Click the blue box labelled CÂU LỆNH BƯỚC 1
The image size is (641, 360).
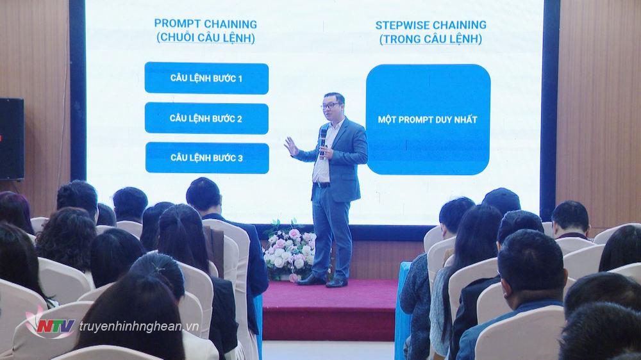tap(206, 78)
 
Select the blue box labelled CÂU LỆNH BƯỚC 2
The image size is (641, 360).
tap(206, 118)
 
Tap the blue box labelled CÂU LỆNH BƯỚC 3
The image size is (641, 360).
tap(207, 158)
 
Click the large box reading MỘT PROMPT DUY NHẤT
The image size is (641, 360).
tap(428, 119)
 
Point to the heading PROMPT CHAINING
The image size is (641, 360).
tap(206, 24)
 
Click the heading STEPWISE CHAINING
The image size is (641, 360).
tap(431, 25)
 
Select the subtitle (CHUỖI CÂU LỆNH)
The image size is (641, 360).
tap(206, 38)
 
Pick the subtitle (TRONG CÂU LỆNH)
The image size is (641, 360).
tap(431, 39)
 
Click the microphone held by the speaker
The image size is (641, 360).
tap(323, 137)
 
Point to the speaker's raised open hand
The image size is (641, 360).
tap(292, 146)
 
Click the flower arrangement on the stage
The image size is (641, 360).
tap(290, 250)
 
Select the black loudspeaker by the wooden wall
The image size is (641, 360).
tap(12, 139)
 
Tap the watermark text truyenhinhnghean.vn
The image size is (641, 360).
tap(139, 327)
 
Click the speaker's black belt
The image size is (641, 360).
tap(322, 184)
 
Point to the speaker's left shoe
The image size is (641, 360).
tap(337, 282)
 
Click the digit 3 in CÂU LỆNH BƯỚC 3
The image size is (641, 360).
tap(240, 158)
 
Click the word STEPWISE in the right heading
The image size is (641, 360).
tap(402, 26)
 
